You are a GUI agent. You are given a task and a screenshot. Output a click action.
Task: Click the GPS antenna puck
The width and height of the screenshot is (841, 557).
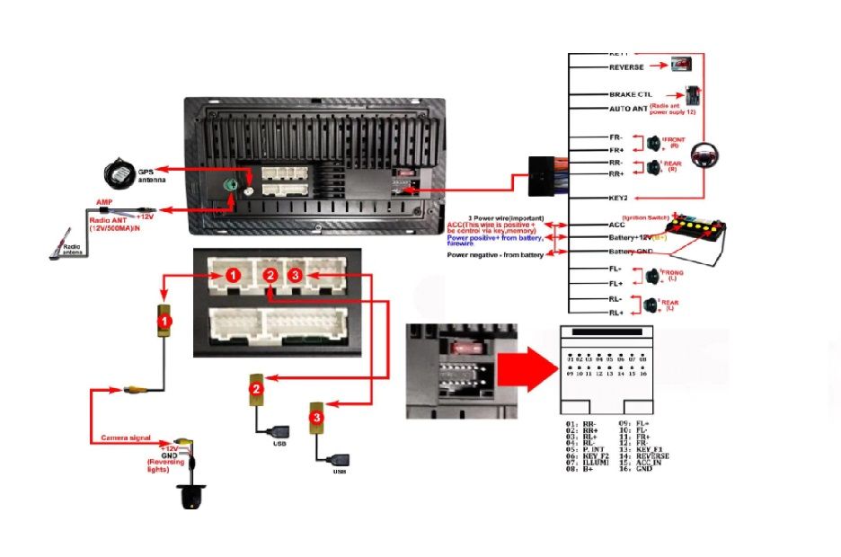[118, 170]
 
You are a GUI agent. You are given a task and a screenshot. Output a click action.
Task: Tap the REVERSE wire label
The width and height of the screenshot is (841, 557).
[626, 67]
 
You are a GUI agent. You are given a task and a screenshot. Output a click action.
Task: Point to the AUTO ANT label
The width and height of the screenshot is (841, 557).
[628, 109]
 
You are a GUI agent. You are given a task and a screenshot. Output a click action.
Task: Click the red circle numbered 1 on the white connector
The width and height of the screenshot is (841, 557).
[232, 275]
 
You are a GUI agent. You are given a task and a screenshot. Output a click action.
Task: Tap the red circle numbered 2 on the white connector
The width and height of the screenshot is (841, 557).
[269, 275]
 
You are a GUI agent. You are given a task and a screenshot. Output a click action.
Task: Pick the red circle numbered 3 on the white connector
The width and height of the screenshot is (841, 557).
[297, 273]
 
